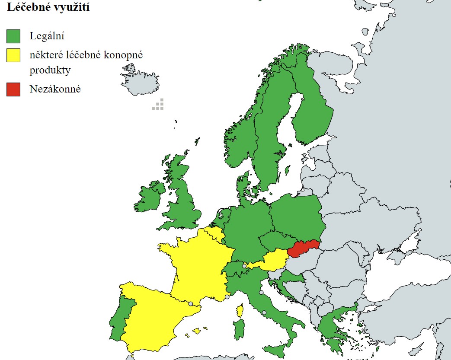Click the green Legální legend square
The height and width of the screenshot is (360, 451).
coord(13,36)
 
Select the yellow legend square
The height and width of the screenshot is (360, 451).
coord(13,56)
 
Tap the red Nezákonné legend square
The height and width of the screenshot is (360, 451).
coord(13,89)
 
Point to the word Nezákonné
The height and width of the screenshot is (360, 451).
coord(55,89)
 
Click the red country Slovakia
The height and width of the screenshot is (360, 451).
coord(304,249)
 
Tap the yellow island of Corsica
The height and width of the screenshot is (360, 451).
coord(240,310)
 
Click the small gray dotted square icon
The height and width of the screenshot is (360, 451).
coord(158,104)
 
